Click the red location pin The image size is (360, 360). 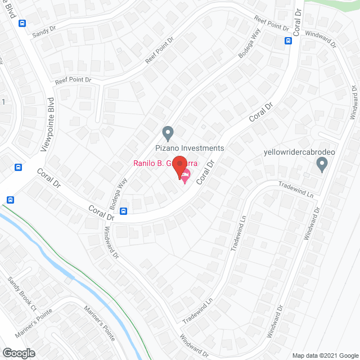[x=179, y=165]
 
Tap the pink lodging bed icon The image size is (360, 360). [x=184, y=176]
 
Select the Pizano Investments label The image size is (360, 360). [x=190, y=148]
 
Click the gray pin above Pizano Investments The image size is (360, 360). [x=167, y=134]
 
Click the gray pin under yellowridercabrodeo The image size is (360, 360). [x=322, y=165]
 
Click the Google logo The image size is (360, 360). [x=18, y=353]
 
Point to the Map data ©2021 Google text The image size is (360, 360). [x=324, y=354]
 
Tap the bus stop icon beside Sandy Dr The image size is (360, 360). [x=22, y=23]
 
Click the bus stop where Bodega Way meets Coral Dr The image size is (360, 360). [x=123, y=211]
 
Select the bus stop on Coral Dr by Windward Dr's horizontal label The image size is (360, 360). [x=288, y=40]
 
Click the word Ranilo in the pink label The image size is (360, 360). [x=145, y=164]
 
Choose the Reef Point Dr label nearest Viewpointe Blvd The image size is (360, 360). [x=73, y=80]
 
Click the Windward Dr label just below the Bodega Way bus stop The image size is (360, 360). [x=111, y=242]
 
